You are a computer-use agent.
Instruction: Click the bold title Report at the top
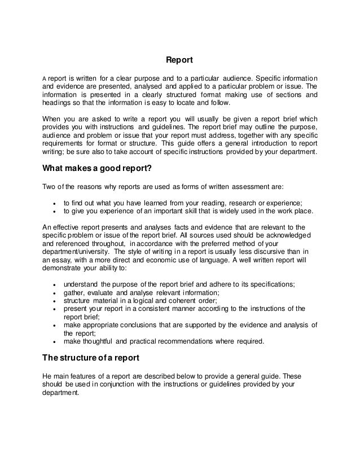(x=179, y=59)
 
